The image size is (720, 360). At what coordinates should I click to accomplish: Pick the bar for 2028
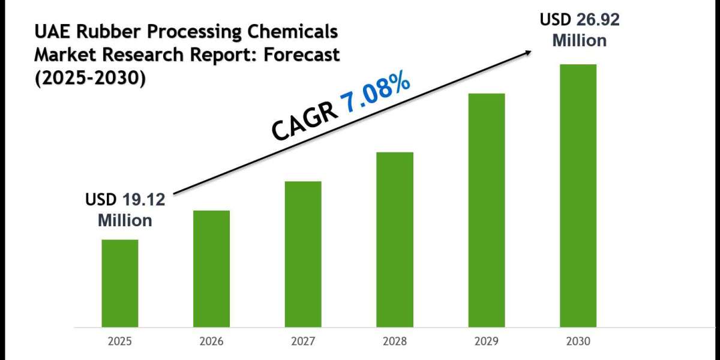click(395, 239)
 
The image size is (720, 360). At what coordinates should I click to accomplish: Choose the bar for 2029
click(487, 210)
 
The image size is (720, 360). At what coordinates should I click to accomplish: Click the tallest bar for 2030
click(578, 195)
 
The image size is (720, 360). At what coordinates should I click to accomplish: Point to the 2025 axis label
click(119, 341)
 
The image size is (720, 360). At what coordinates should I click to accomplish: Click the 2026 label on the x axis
click(211, 341)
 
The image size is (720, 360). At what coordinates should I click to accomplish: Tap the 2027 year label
click(303, 341)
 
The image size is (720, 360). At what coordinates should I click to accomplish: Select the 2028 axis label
click(395, 341)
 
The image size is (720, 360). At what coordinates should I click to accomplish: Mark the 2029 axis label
click(487, 341)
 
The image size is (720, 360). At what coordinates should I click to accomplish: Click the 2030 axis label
click(578, 341)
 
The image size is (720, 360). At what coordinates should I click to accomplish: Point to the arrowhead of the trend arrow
click(528, 52)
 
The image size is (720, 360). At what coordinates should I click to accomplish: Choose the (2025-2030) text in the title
click(90, 78)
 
